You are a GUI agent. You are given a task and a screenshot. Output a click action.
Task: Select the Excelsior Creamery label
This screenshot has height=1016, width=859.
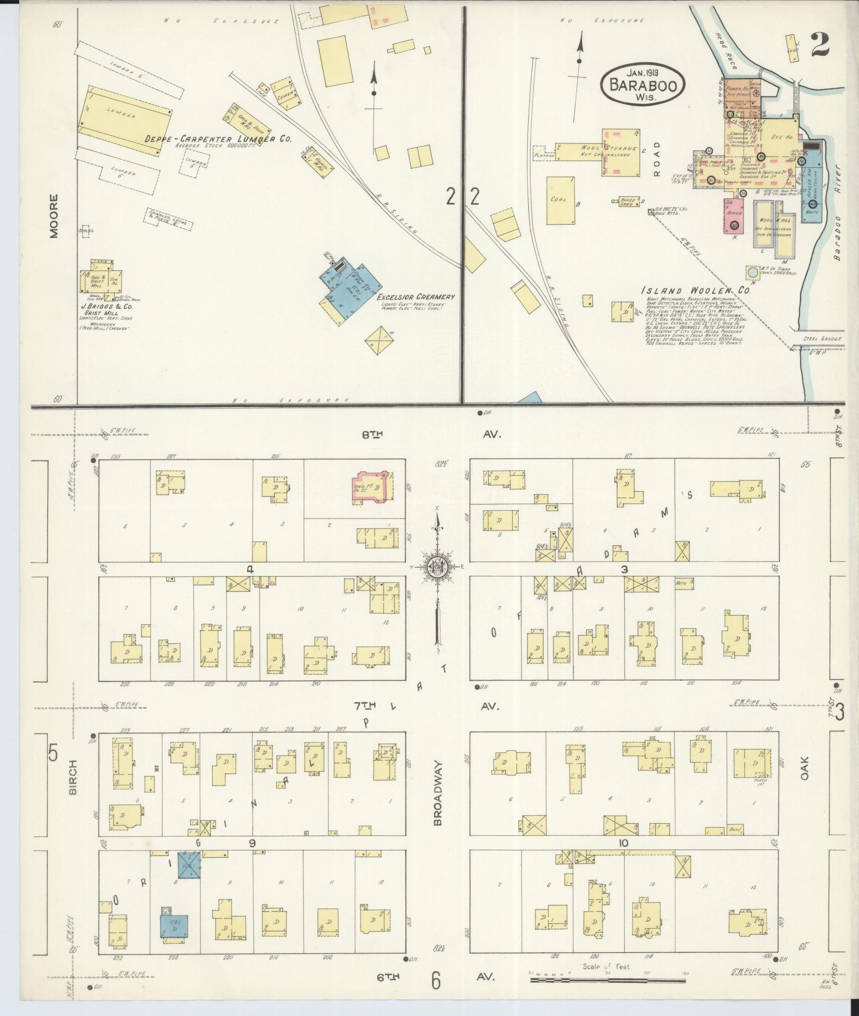tap(417, 297)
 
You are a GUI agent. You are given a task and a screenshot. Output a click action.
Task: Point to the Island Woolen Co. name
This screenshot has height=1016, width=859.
tap(694, 291)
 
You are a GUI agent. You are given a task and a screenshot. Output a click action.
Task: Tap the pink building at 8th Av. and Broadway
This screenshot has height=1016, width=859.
tap(374, 487)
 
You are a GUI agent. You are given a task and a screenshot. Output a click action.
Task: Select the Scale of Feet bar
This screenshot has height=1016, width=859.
tap(607, 980)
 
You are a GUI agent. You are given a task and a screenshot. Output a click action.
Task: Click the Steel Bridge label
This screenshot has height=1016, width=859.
tap(823, 339)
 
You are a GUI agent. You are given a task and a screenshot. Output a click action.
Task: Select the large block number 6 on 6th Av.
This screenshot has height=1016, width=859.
tap(435, 981)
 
